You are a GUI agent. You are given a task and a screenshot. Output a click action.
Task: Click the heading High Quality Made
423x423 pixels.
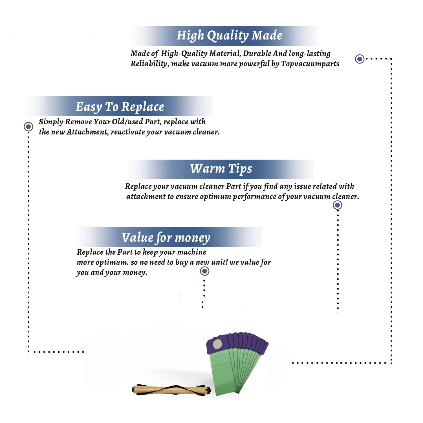tap(229, 36)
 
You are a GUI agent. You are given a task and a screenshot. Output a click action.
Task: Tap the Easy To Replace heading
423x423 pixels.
tap(120, 107)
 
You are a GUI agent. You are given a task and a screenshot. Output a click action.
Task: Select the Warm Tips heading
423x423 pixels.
tap(221, 169)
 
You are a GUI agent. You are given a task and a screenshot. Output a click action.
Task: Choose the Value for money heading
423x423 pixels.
tap(166, 238)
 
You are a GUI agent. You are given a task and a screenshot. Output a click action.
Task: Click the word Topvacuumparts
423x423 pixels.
tap(310, 64)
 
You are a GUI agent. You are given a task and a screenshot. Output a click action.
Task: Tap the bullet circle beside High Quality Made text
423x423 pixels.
tap(360, 59)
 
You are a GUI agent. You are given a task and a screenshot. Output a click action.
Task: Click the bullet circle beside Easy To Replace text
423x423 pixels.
tap(28, 127)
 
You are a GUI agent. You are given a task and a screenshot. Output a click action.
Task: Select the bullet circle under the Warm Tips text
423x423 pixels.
tap(337, 205)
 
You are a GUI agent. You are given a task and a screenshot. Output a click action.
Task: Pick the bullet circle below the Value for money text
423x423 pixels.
tap(204, 271)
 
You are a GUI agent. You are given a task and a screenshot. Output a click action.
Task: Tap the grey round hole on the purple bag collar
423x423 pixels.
tap(217, 344)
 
